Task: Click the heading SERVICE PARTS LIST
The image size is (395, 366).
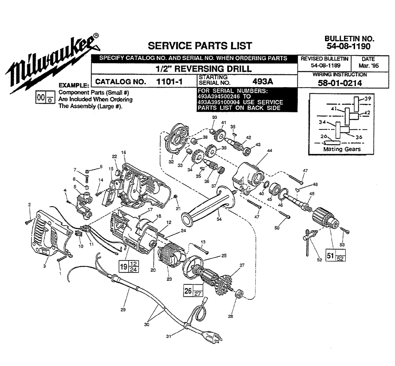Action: tap(199, 45)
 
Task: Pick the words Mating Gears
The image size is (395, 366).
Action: tap(342, 149)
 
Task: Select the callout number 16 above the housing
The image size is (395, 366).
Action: tap(124, 152)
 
